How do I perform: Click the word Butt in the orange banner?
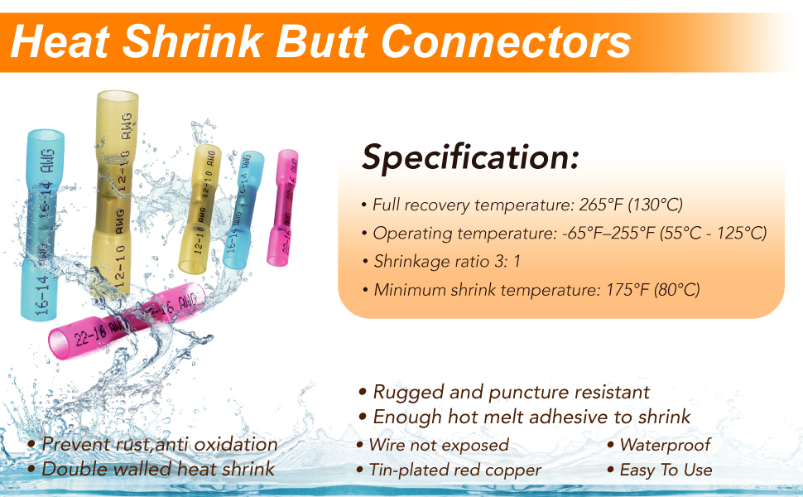[321, 41]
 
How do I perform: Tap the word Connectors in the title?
[506, 41]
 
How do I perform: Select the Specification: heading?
[470, 158]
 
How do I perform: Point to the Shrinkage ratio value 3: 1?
[507, 261]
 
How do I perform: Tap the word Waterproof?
[666, 446]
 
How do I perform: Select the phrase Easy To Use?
[666, 470]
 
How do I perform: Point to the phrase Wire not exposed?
[439, 446]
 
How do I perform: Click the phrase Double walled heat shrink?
[158, 469]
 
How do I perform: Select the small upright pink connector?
[282, 208]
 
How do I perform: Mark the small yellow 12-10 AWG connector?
[200, 209]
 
